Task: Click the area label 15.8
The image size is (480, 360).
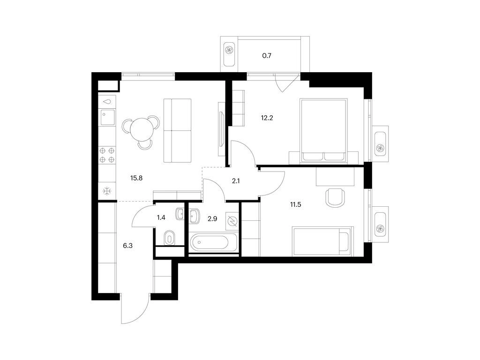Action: tap(136, 178)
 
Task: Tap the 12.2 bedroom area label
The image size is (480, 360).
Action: tap(267, 118)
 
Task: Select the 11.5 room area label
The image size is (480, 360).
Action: tap(295, 204)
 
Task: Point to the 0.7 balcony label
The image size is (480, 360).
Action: tap(267, 56)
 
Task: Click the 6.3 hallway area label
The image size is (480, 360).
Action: tap(127, 245)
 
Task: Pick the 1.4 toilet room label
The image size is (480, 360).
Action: tap(161, 217)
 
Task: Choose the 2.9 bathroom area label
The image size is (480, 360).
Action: tap(212, 218)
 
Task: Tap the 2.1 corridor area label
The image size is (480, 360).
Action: tap(236, 181)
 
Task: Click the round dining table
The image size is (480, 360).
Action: tap(141, 129)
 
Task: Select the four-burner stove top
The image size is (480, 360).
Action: tap(107, 155)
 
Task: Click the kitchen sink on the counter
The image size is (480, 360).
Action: tap(107, 117)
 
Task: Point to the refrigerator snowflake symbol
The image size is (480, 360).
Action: tap(107, 192)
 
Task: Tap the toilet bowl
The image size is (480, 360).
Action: tap(169, 238)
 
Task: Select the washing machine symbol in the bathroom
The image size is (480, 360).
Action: tap(232, 221)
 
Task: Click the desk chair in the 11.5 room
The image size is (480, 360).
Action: tap(335, 197)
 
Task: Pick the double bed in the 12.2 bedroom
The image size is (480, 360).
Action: tap(324, 131)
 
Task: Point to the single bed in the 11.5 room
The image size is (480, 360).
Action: tap(323, 241)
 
